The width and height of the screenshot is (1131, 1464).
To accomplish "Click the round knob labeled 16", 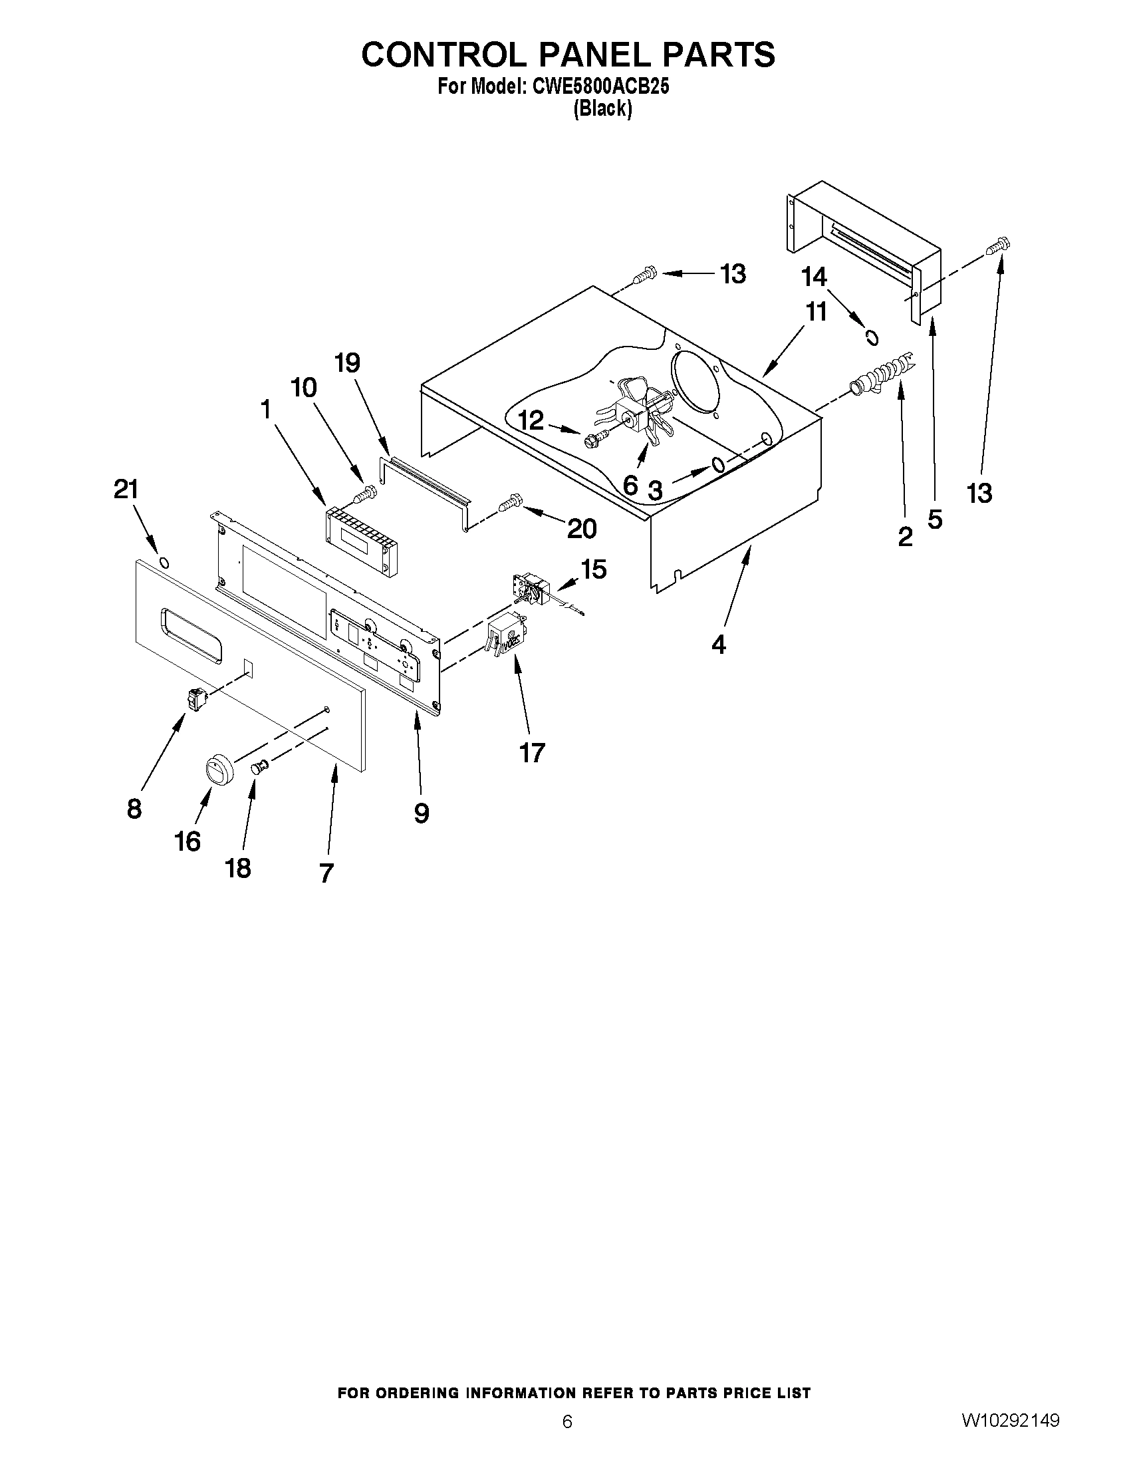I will point(217,768).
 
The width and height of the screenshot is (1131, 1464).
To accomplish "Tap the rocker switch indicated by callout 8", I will point(197,701).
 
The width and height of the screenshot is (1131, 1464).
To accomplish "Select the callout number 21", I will point(125,490).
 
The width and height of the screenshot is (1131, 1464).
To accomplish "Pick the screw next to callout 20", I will point(511,502).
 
